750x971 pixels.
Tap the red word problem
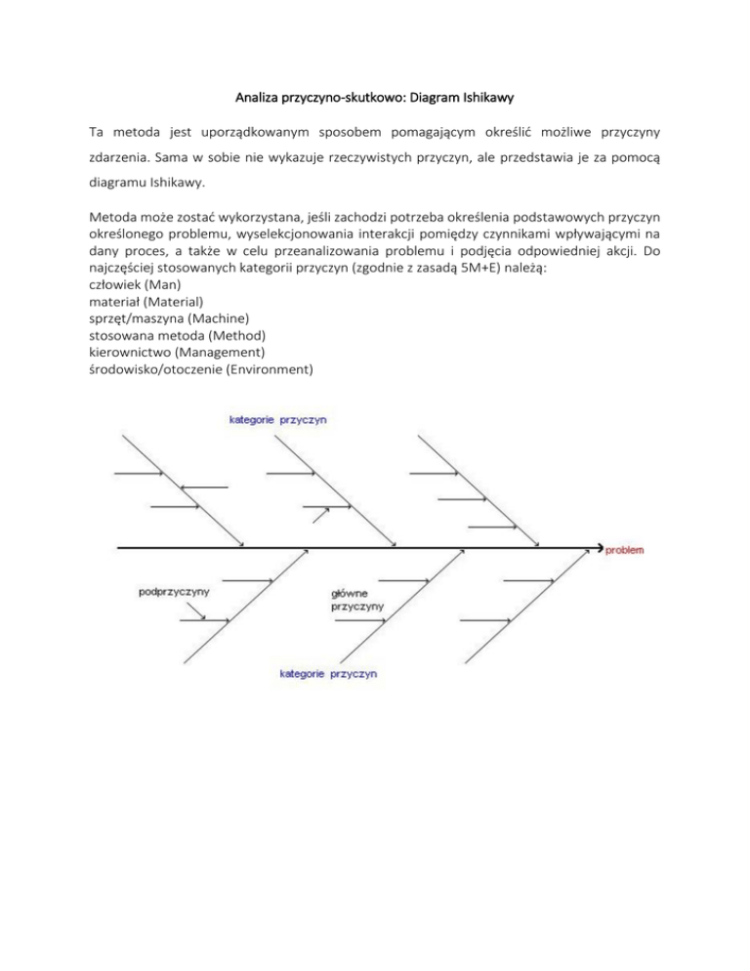click(x=624, y=550)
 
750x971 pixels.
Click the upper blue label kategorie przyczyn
click(x=277, y=420)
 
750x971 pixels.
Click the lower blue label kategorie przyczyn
click(x=328, y=674)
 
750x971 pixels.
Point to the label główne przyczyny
click(x=357, y=599)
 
